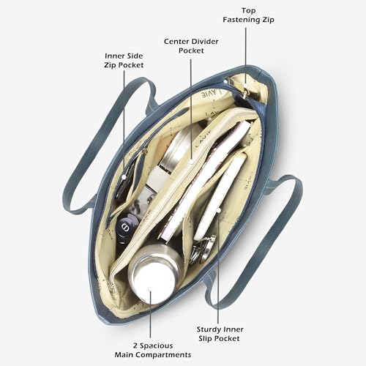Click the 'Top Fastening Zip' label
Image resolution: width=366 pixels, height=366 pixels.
(248, 15)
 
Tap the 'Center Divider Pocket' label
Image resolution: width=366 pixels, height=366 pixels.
(191, 46)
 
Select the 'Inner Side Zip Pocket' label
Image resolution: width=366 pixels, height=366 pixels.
(124, 60)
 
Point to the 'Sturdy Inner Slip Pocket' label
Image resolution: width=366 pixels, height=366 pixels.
(220, 334)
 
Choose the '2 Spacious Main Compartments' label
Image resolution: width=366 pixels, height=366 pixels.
(153, 350)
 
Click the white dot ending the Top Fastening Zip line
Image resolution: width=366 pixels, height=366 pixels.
(245, 86)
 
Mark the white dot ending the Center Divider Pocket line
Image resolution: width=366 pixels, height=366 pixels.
(192, 162)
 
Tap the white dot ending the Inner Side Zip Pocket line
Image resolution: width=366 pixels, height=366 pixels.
(124, 177)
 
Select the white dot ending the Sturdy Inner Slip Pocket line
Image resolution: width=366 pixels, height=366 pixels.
(219, 210)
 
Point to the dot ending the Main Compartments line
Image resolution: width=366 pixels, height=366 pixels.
(150, 289)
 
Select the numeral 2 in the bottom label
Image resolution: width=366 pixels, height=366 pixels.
(135, 346)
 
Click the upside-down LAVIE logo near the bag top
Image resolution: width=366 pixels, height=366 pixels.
(211, 93)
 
